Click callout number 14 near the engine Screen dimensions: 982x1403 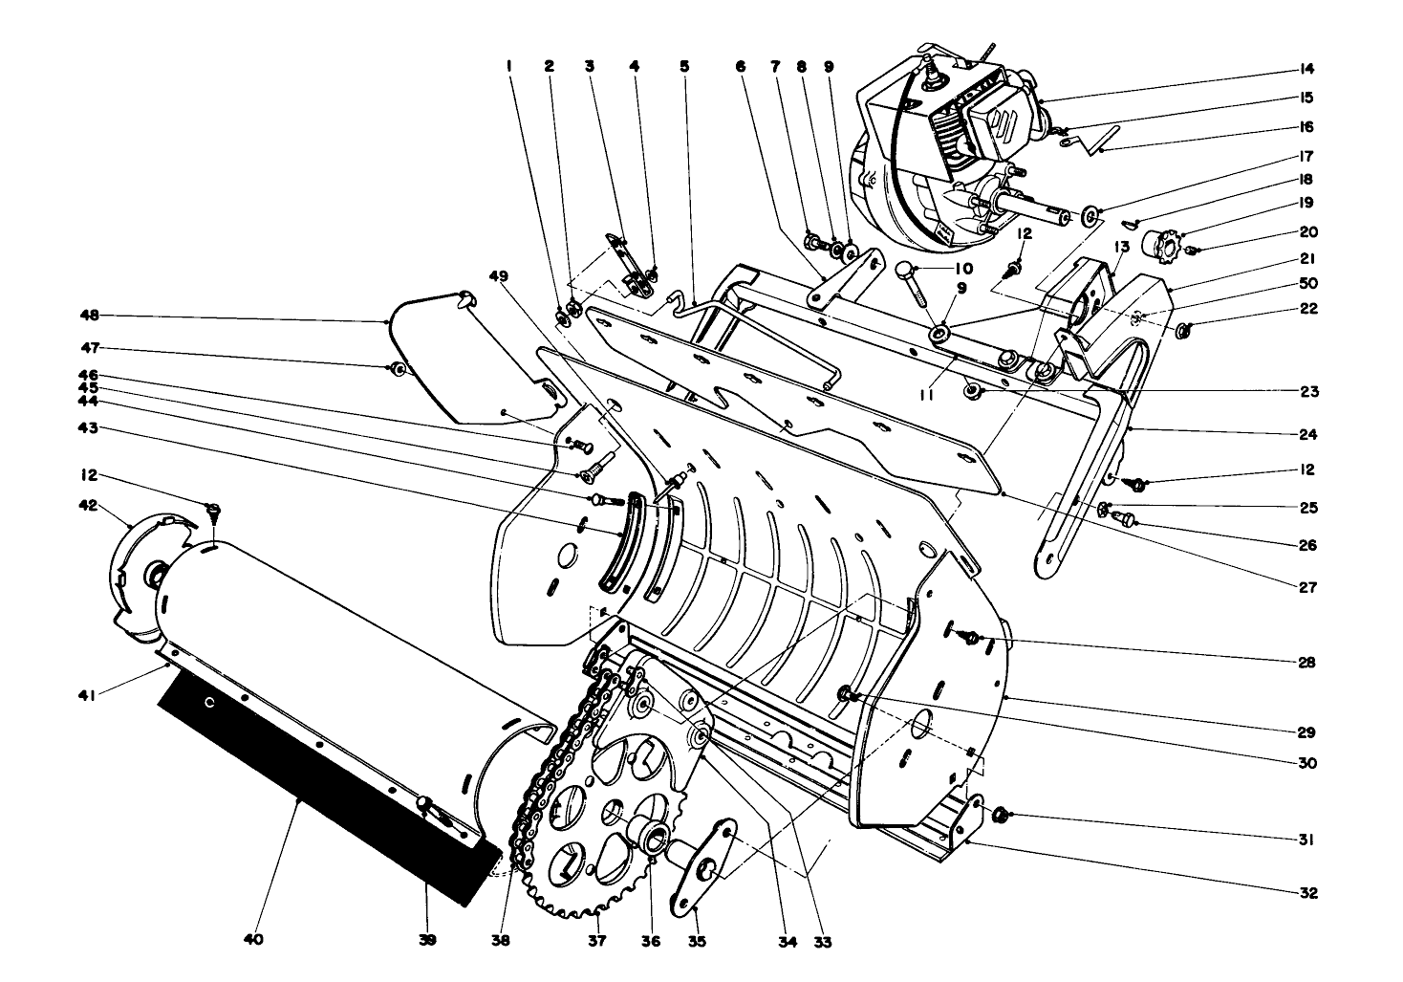(1306, 69)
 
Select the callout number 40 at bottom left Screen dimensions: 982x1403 (252, 941)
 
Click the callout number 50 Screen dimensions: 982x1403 (1306, 285)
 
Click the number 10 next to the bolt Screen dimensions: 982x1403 (961, 269)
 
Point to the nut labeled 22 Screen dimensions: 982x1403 (1184, 331)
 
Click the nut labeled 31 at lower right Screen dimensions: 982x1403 (1000, 815)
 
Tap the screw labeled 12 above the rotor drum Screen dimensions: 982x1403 (213, 510)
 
